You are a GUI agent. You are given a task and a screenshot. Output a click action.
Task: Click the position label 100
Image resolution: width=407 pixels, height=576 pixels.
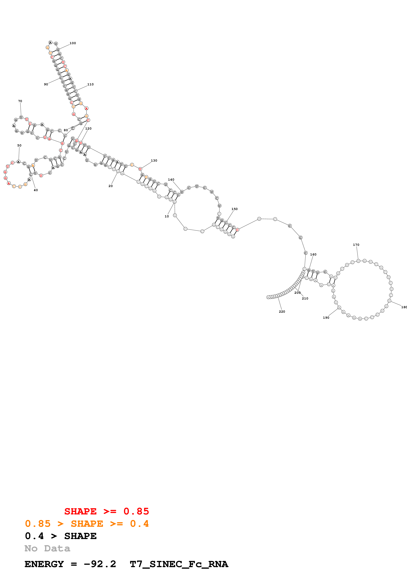[73, 43]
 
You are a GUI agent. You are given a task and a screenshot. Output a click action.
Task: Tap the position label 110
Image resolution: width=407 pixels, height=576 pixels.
[90, 84]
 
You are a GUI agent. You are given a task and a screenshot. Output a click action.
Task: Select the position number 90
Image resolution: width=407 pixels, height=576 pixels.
[46, 84]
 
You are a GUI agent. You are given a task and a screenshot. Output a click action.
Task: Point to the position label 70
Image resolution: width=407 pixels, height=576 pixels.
[20, 101]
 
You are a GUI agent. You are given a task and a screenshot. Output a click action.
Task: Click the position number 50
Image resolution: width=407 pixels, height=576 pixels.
[19, 145]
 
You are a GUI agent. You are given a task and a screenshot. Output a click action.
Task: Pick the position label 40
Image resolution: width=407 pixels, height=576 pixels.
[36, 190]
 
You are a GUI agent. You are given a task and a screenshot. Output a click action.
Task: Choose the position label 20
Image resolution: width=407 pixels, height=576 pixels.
[111, 186]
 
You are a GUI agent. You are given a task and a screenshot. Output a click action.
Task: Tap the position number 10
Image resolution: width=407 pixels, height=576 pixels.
[167, 216]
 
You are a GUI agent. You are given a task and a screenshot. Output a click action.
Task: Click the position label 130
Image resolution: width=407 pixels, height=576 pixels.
[154, 161]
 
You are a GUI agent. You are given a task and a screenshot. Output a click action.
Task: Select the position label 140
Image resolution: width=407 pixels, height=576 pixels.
[171, 180]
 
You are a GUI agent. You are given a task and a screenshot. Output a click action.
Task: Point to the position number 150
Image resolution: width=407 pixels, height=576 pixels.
[234, 209]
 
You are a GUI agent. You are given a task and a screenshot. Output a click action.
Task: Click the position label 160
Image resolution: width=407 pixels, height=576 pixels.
[313, 254]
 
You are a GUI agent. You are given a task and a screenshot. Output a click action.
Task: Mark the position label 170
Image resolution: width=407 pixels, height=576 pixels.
[356, 245]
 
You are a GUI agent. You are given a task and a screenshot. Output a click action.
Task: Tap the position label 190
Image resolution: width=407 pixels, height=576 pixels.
[326, 318]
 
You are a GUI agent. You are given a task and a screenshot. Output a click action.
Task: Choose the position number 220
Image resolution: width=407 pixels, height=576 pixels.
[282, 312]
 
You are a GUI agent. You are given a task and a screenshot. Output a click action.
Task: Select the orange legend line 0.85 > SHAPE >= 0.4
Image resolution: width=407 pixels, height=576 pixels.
[87, 524]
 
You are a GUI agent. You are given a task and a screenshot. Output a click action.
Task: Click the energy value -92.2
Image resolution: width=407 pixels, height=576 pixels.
[100, 564]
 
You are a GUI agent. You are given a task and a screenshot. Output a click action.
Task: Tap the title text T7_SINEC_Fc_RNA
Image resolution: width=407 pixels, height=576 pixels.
[179, 564]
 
